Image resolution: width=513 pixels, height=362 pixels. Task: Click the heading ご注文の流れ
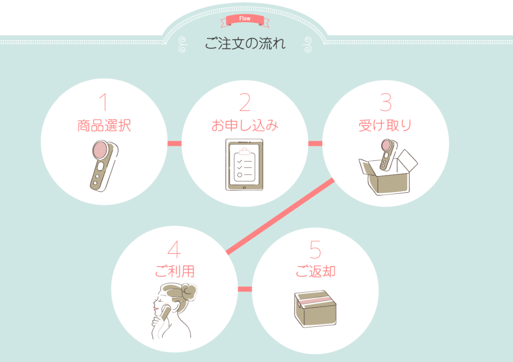245,43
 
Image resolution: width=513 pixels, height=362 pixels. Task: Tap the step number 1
103,102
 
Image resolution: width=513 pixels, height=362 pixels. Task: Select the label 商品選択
104,126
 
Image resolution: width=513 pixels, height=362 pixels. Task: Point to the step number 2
245,102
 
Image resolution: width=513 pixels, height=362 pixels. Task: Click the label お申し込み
245,126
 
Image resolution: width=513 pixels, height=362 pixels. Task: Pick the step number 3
386,102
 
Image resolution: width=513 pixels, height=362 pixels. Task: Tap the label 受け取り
385,126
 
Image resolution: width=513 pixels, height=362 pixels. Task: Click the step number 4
174,249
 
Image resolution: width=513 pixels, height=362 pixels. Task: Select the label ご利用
175,271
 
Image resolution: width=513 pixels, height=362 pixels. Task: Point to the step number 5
315,249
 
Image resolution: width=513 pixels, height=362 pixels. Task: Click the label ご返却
315,271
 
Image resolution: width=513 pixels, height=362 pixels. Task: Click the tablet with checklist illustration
244,164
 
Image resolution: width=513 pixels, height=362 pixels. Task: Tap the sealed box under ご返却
315,309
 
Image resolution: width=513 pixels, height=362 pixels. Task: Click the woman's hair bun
189,291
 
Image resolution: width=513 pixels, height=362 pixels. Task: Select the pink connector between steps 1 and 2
174,144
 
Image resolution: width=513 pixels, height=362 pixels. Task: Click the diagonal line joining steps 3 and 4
280,216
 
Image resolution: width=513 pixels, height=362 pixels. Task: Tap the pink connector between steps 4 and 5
245,289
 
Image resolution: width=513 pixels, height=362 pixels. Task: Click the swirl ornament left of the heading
183,44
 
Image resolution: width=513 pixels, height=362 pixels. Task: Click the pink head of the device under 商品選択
100,150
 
